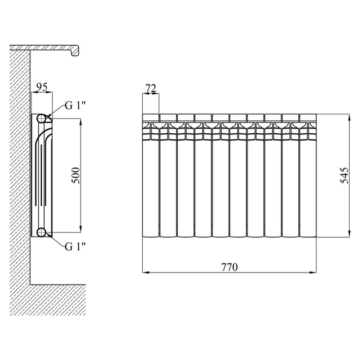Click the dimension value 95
tap(42, 87)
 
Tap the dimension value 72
tap(151, 89)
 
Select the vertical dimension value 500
tap(76, 175)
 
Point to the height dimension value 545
tap(344, 175)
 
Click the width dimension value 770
tap(229, 267)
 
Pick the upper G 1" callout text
tap(75, 106)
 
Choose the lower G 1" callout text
tap(75, 247)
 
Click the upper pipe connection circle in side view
tap(41, 118)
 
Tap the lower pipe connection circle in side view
tap(41, 232)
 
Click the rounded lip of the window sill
tap(76, 51)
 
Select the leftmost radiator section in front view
tap(151, 175)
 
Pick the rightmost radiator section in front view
tap(308, 175)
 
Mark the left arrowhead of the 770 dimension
tap(146, 273)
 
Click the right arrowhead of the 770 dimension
tap(313, 273)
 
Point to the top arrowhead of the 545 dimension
tap(349, 118)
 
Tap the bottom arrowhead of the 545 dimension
tap(349, 234)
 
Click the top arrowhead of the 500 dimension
tap(81, 122)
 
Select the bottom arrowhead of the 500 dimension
tap(81, 229)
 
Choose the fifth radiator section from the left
tap(221, 175)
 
